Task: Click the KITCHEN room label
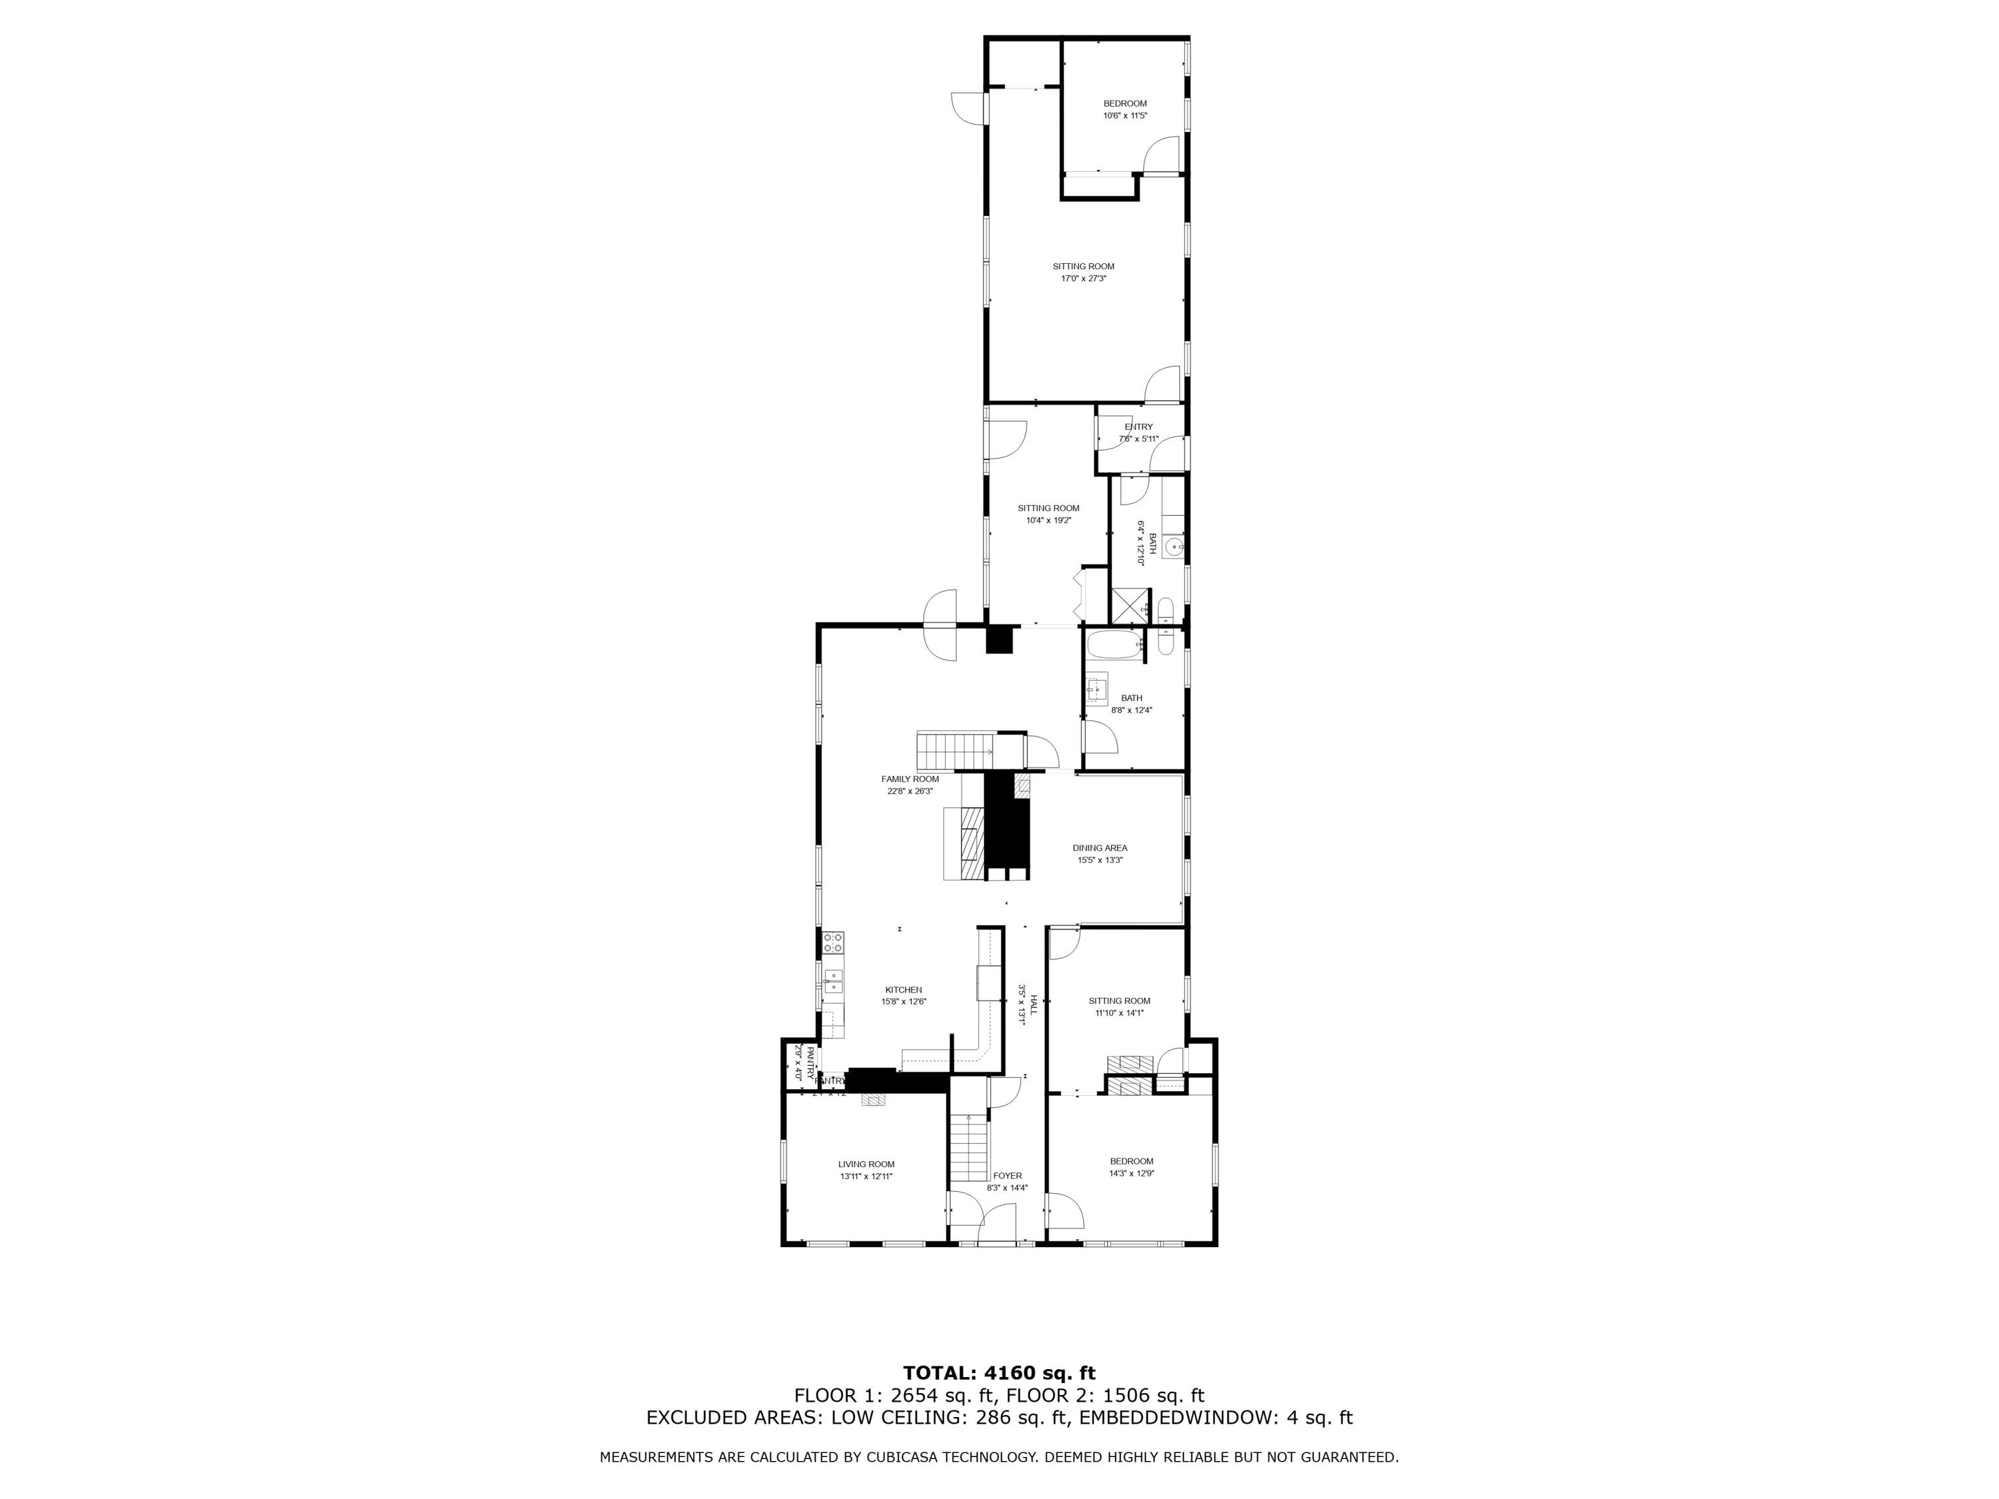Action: tap(904, 989)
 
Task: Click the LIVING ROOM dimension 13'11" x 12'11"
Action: tap(866, 1177)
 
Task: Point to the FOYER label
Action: tap(1007, 1175)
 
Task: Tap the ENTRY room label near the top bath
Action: tap(1139, 426)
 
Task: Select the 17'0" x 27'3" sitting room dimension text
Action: tap(1083, 278)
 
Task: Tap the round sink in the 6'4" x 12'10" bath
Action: tap(1173, 546)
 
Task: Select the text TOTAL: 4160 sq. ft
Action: tap(999, 1373)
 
